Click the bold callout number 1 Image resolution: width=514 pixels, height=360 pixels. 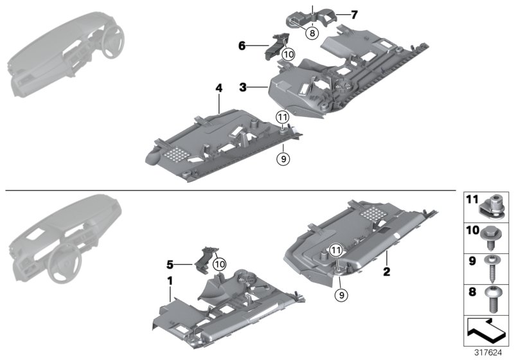170,281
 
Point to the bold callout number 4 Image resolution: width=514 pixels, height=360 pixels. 218,102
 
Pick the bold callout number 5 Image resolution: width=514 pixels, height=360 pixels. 170,264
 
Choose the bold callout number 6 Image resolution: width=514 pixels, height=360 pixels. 242,46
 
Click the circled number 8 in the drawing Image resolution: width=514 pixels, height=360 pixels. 311,33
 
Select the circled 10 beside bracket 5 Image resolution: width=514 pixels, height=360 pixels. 219,263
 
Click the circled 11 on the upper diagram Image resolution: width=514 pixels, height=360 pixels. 281,117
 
